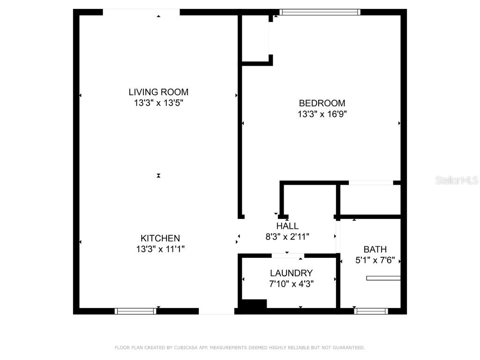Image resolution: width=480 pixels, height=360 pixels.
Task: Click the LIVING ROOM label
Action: click(158, 92)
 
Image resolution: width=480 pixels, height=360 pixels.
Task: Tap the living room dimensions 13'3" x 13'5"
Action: click(158, 103)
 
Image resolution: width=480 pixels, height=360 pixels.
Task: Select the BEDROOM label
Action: click(322, 103)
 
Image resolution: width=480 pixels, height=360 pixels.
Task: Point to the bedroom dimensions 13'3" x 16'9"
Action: click(322, 114)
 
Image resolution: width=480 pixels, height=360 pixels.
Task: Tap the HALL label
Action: click(287, 226)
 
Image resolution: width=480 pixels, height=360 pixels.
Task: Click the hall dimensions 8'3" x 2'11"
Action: click(287, 237)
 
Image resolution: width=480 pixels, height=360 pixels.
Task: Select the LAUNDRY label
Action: click(291, 273)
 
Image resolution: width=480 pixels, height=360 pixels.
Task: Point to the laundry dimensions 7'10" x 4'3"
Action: click(291, 284)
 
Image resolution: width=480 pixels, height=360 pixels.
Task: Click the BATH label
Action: click(375, 249)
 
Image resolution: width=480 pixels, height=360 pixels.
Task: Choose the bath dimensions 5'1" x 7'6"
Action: click(375, 260)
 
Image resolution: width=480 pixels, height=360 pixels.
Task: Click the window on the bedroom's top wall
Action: click(320, 12)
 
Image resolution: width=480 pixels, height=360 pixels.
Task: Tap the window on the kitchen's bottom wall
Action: click(135, 311)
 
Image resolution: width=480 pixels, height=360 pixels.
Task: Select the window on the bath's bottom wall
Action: click(371, 311)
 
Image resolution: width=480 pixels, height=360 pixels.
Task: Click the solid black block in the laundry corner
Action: click(253, 304)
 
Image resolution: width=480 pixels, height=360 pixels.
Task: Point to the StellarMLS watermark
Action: click(457, 180)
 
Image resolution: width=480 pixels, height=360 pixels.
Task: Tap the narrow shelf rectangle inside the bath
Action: click(383, 278)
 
